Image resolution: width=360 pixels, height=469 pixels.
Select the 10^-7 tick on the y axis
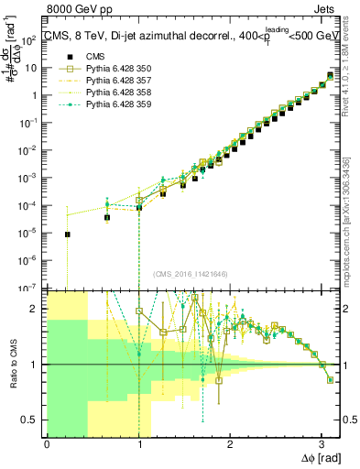31,287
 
